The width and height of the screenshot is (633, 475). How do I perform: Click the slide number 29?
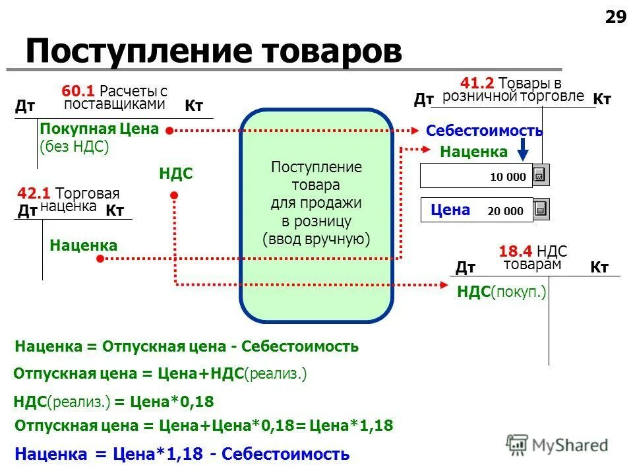pyautogui.click(x=615, y=17)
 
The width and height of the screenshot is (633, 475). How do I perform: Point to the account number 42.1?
pyautogui.click(x=35, y=193)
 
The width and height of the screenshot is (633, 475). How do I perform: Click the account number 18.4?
pyautogui.click(x=516, y=251)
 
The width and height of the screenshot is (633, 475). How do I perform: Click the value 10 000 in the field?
pyautogui.click(x=508, y=177)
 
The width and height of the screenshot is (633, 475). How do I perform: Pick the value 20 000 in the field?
pyautogui.click(x=505, y=211)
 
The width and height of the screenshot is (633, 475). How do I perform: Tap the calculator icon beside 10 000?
pyautogui.click(x=541, y=175)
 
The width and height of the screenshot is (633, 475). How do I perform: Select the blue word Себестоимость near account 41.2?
pyautogui.click(x=484, y=131)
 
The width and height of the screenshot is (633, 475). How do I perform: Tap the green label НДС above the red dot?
pyautogui.click(x=175, y=174)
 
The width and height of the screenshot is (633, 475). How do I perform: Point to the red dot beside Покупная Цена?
pyautogui.click(x=169, y=131)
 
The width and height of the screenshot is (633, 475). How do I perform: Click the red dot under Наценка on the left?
pyautogui.click(x=100, y=259)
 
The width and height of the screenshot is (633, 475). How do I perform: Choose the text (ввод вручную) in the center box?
pyautogui.click(x=316, y=239)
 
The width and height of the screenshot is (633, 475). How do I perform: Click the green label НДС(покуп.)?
pyautogui.click(x=502, y=292)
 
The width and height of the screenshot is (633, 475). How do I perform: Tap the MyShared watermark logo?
pyautogui.click(x=557, y=445)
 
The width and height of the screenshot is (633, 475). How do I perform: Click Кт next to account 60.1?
pyautogui.click(x=193, y=106)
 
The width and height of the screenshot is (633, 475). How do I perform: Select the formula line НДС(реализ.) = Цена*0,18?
pyautogui.click(x=113, y=401)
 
